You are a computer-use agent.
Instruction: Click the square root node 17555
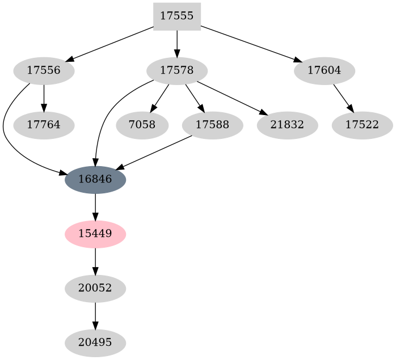[x=177, y=16]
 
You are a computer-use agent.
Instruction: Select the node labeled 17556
[x=44, y=71]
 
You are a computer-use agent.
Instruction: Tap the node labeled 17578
[x=177, y=71]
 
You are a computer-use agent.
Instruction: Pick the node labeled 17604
[x=325, y=71]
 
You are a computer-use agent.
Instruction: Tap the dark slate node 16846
[x=95, y=180]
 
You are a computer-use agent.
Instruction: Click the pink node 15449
[x=95, y=234]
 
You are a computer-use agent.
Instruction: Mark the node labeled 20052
[x=95, y=288]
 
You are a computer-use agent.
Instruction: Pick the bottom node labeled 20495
[x=95, y=342]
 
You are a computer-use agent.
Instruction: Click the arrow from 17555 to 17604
[x=251, y=44]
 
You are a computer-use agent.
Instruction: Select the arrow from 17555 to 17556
[x=110, y=44]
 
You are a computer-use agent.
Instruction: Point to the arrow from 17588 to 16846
[x=154, y=152]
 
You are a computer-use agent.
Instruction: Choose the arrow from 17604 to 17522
[x=343, y=98]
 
